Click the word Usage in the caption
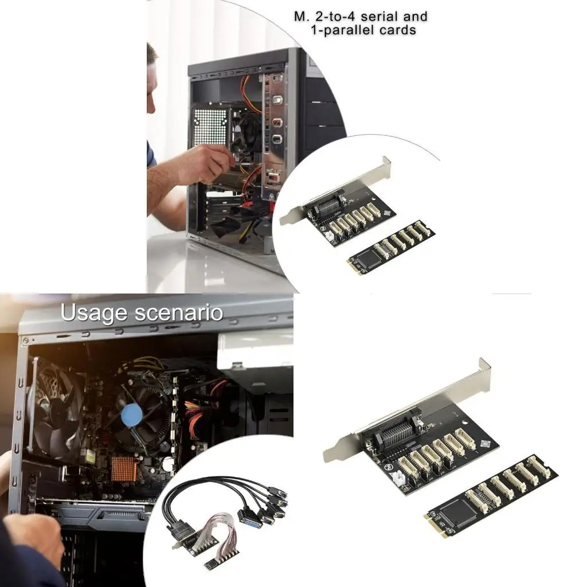coord(93,314)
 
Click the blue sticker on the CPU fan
coord(132,414)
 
